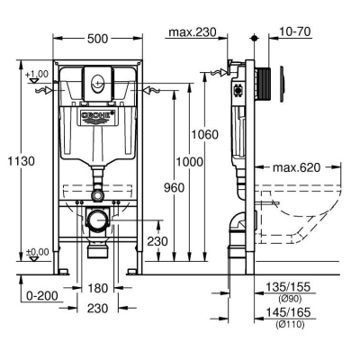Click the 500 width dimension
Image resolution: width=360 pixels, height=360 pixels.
pyautogui.click(x=97, y=39)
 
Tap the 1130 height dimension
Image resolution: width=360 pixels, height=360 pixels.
pyautogui.click(x=21, y=161)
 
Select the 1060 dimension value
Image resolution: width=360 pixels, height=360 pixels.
pyautogui.click(x=205, y=134)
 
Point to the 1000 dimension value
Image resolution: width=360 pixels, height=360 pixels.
pyautogui.click(x=190, y=162)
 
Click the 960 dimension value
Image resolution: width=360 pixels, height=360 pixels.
pyautogui.click(x=174, y=188)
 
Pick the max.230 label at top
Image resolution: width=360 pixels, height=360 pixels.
pyautogui.click(x=193, y=31)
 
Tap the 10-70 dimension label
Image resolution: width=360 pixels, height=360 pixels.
pyautogui.click(x=294, y=31)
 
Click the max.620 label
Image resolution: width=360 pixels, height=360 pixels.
pyautogui.click(x=296, y=167)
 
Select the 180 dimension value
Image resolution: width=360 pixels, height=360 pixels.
pyautogui.click(x=97, y=288)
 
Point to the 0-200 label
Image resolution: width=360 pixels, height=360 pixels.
pyautogui.click(x=42, y=296)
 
